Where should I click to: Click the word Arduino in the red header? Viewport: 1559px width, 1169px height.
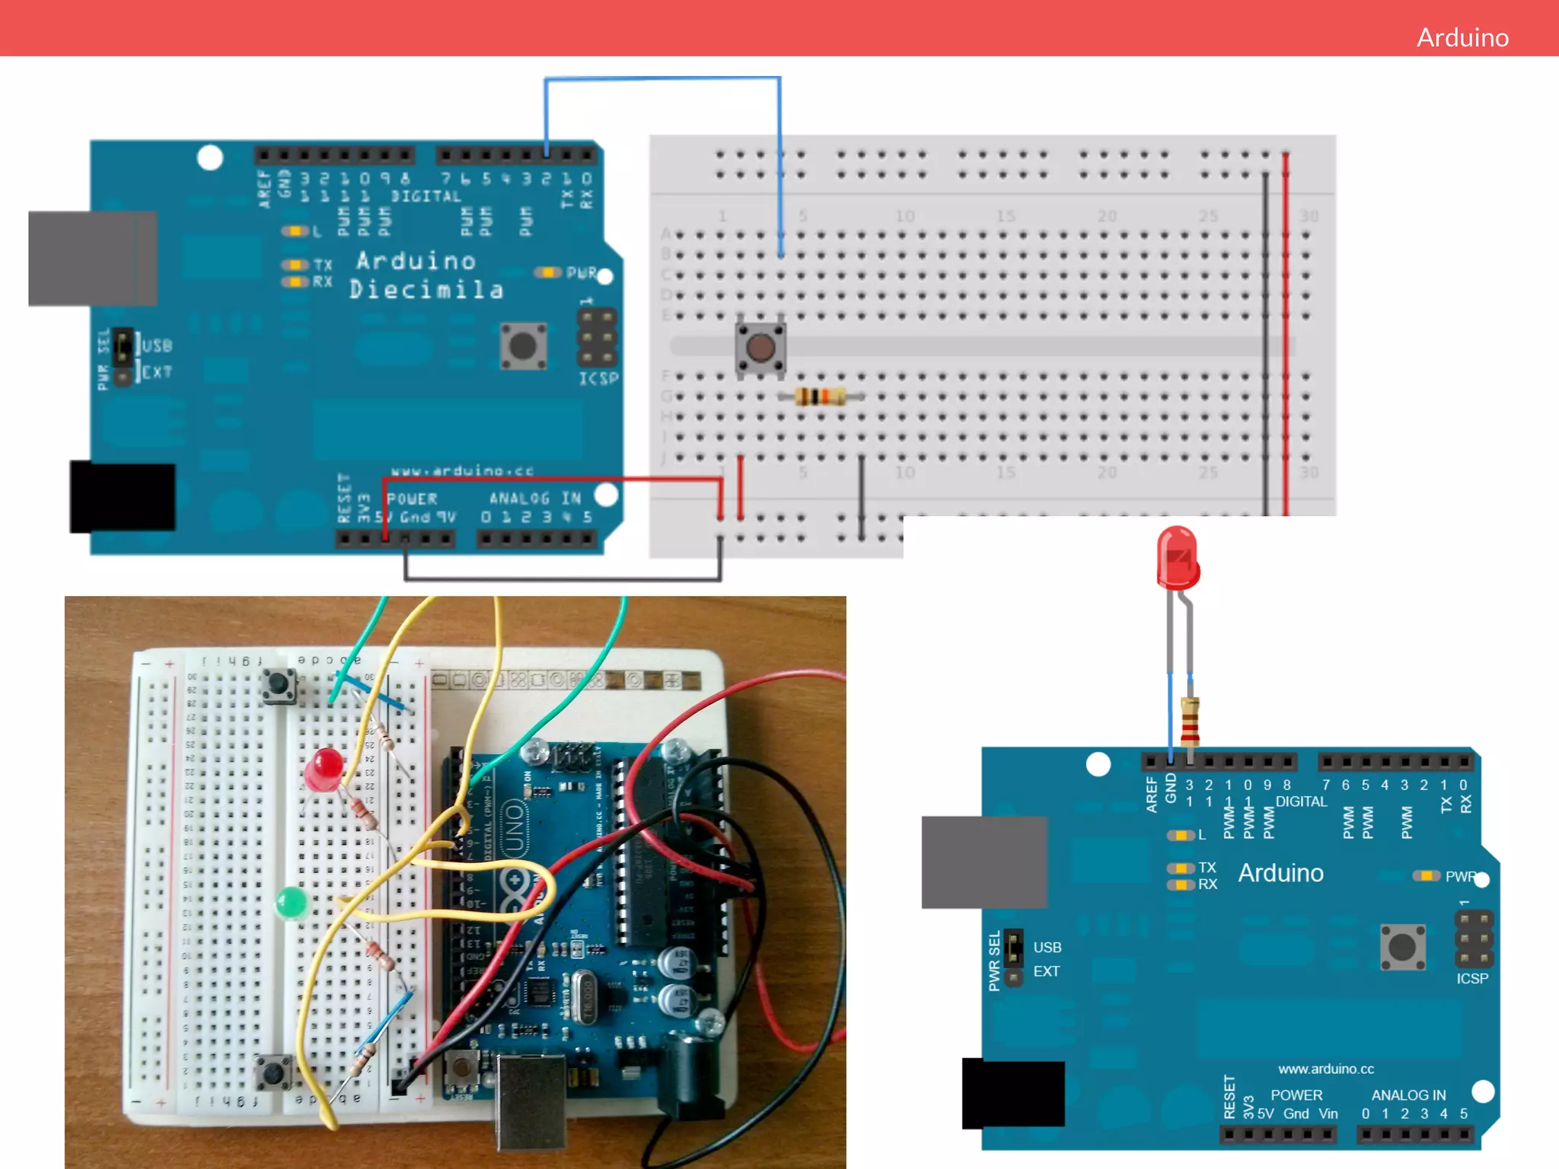1462,37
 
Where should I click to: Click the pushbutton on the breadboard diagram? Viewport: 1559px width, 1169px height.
760,348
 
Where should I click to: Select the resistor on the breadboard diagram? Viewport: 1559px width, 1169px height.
820,397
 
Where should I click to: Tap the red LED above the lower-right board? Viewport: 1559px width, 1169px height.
1177,559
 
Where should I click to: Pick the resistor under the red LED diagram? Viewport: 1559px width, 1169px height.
1190,721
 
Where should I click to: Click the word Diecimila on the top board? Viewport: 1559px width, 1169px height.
426,290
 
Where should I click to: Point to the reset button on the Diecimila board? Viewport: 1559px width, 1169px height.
523,346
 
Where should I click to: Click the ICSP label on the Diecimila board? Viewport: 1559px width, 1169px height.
598,378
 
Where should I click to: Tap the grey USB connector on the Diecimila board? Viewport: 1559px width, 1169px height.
93,259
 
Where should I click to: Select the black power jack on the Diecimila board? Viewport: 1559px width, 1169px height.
123,497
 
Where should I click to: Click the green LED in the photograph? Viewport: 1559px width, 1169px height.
291,903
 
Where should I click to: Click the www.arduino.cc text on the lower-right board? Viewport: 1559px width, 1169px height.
1325,1069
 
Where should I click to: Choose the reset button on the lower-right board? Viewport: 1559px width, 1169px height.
1402,948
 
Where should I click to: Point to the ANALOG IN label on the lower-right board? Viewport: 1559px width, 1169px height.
1408,1095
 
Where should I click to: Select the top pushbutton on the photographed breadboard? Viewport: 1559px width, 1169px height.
279,686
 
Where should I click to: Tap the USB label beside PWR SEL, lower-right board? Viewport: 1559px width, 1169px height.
1047,948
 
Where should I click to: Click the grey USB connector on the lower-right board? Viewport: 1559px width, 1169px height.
984,862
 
